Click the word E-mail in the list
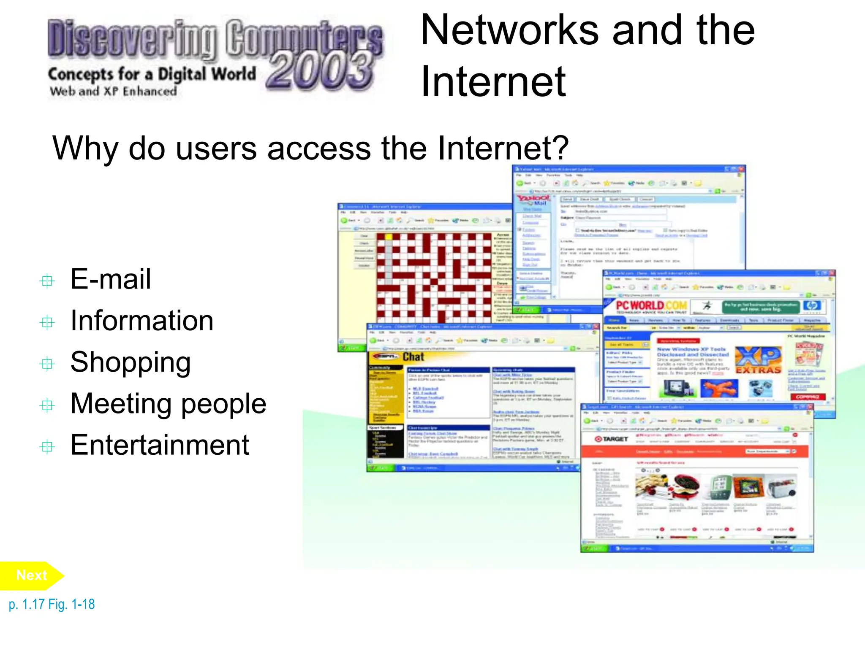111,279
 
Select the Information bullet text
142,321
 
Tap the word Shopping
131,362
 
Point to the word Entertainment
160,445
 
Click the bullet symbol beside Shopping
47,364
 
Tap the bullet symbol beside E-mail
47,281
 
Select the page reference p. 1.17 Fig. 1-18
52,605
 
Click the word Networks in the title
510,30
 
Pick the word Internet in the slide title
493,82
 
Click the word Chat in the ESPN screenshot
413,357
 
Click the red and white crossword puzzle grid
434,278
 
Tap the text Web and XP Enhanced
113,91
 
